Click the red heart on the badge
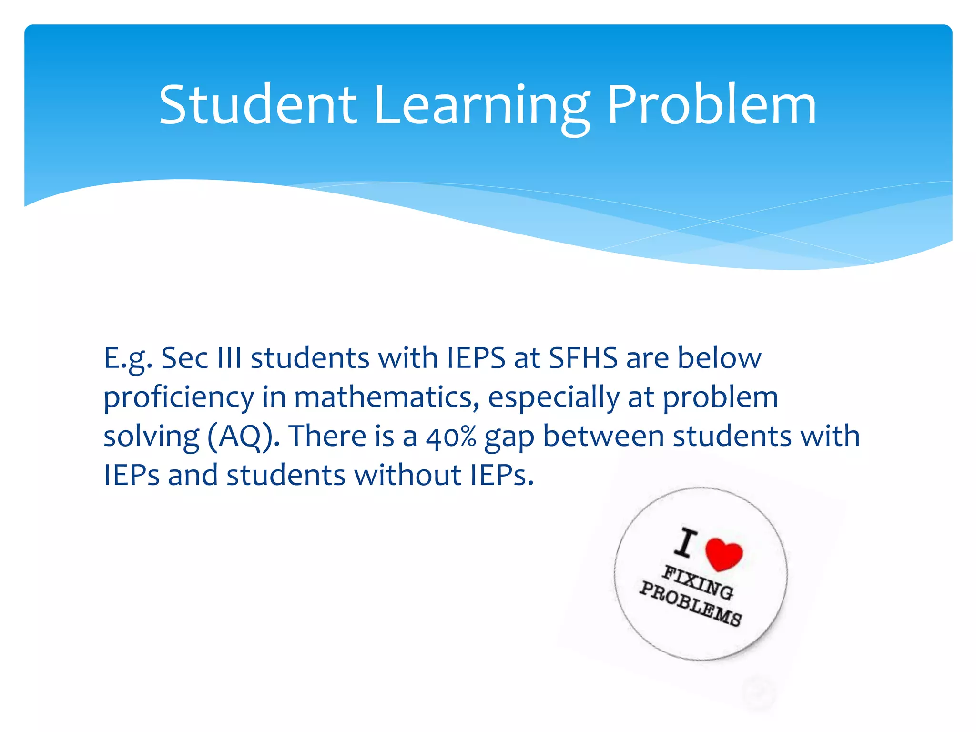point(723,554)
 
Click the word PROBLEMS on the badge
point(690,604)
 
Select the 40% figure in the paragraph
point(451,436)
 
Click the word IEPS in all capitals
point(476,358)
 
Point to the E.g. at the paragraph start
point(128,359)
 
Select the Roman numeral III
point(229,358)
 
